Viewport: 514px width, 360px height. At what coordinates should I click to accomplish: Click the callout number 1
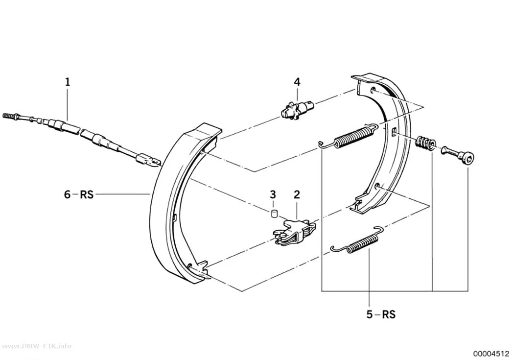[x=68, y=82]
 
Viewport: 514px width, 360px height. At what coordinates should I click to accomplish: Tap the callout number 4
[x=297, y=82]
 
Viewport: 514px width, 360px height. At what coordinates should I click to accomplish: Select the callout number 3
[x=273, y=194]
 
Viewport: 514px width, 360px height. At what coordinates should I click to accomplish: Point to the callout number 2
[x=297, y=194]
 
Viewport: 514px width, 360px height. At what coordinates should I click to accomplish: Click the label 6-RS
[x=79, y=194]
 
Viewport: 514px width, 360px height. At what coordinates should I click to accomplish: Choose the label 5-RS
[x=381, y=315]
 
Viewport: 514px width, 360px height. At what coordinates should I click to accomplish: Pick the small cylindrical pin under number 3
[x=274, y=214]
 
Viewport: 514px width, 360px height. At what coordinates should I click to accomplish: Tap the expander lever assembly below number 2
[x=294, y=232]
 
